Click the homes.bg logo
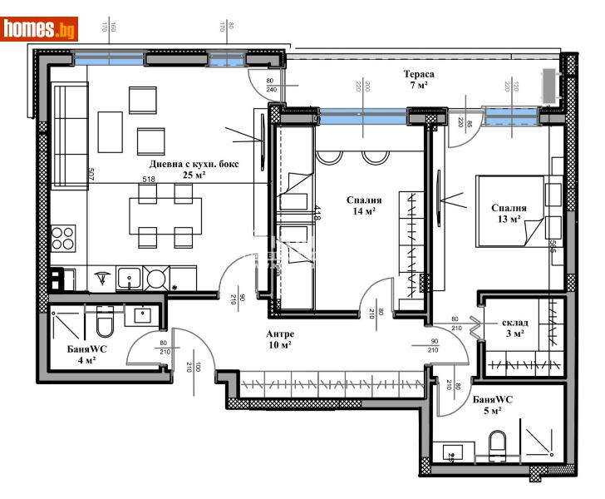click(40, 29)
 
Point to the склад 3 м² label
click(513, 328)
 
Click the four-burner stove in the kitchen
click(63, 238)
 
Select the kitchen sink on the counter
click(128, 277)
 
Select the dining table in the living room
click(165, 216)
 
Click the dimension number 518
click(150, 179)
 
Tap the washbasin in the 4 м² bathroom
click(140, 315)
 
